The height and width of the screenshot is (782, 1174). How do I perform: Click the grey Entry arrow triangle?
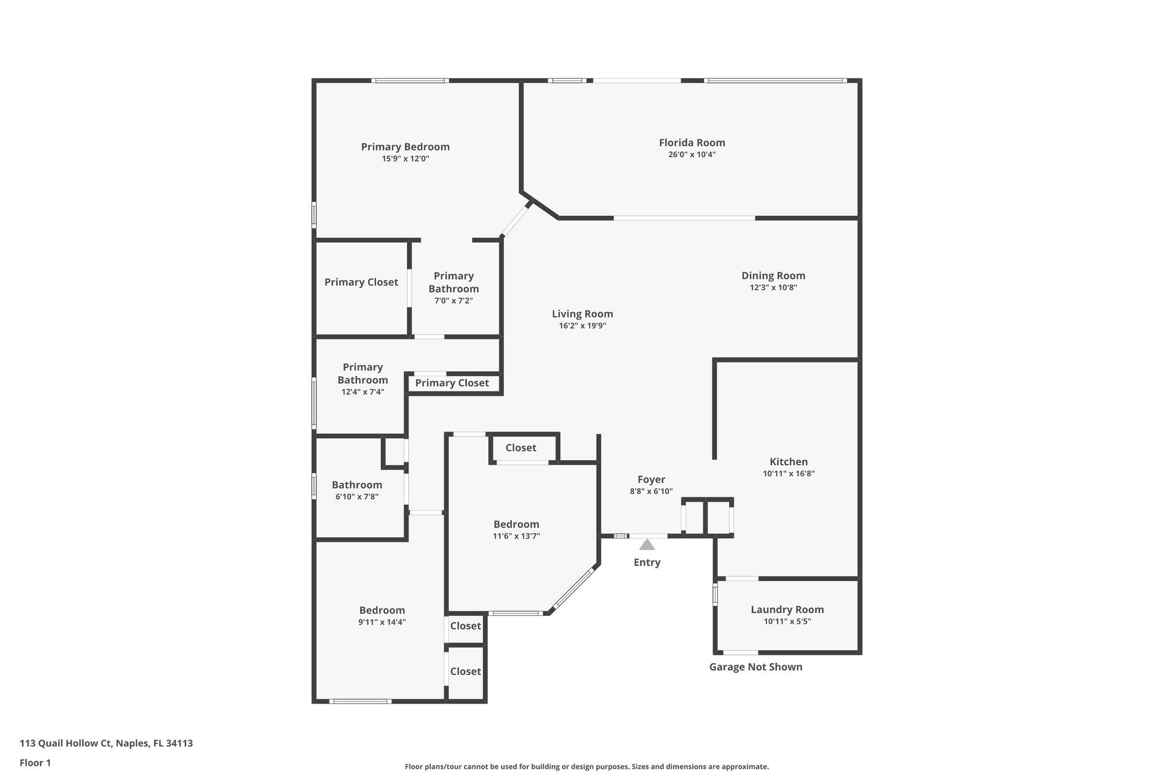(x=647, y=545)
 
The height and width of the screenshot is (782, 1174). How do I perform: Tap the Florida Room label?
(x=691, y=143)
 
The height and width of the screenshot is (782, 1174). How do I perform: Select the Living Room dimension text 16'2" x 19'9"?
(x=582, y=326)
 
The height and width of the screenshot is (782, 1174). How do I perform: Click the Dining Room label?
(x=773, y=276)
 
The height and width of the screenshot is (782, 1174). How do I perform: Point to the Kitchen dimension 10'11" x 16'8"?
(x=788, y=474)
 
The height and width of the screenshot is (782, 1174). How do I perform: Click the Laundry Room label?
(x=787, y=610)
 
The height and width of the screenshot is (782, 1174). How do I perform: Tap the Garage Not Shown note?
(x=756, y=667)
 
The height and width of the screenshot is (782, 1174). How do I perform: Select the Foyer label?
(x=651, y=480)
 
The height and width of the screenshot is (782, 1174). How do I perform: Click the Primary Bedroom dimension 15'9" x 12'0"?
(x=405, y=159)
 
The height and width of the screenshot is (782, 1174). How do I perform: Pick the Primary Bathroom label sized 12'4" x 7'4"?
(x=362, y=374)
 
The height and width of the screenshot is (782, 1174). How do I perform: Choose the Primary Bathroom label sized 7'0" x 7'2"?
(x=453, y=282)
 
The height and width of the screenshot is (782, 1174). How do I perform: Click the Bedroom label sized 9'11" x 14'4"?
(x=382, y=610)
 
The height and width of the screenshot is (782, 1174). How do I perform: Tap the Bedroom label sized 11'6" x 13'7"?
(x=516, y=524)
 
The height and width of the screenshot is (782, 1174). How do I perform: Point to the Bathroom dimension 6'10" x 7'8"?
(x=357, y=497)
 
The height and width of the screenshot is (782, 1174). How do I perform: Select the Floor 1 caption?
(x=35, y=763)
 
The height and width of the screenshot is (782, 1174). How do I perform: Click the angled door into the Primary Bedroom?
(x=515, y=220)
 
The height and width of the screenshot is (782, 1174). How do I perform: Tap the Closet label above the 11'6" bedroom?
(x=521, y=447)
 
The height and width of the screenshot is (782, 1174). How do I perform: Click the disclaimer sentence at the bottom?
(x=586, y=767)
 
